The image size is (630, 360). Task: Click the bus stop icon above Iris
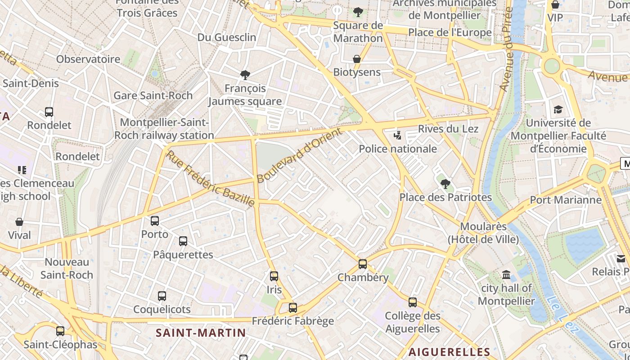point(274,276)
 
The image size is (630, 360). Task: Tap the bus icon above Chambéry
point(363,264)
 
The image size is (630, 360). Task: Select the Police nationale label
point(398,148)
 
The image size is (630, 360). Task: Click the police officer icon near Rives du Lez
point(397,135)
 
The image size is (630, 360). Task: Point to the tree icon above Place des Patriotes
point(445,184)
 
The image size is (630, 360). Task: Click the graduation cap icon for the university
point(558,110)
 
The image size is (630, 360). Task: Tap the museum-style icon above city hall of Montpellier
point(506,274)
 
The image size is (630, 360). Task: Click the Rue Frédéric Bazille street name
point(211,179)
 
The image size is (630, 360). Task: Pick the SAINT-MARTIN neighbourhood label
point(201,333)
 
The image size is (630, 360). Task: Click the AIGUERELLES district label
point(449,352)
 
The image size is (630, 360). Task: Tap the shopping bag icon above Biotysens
point(357,59)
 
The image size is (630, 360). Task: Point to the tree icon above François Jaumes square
point(245,75)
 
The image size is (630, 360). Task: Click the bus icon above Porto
point(155,221)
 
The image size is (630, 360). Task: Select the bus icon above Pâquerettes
point(183,241)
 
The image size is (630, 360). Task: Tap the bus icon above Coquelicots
point(162,296)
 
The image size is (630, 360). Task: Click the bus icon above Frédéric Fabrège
point(293,308)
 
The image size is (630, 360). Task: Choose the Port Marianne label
point(566,200)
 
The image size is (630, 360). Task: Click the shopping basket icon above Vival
point(19,222)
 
